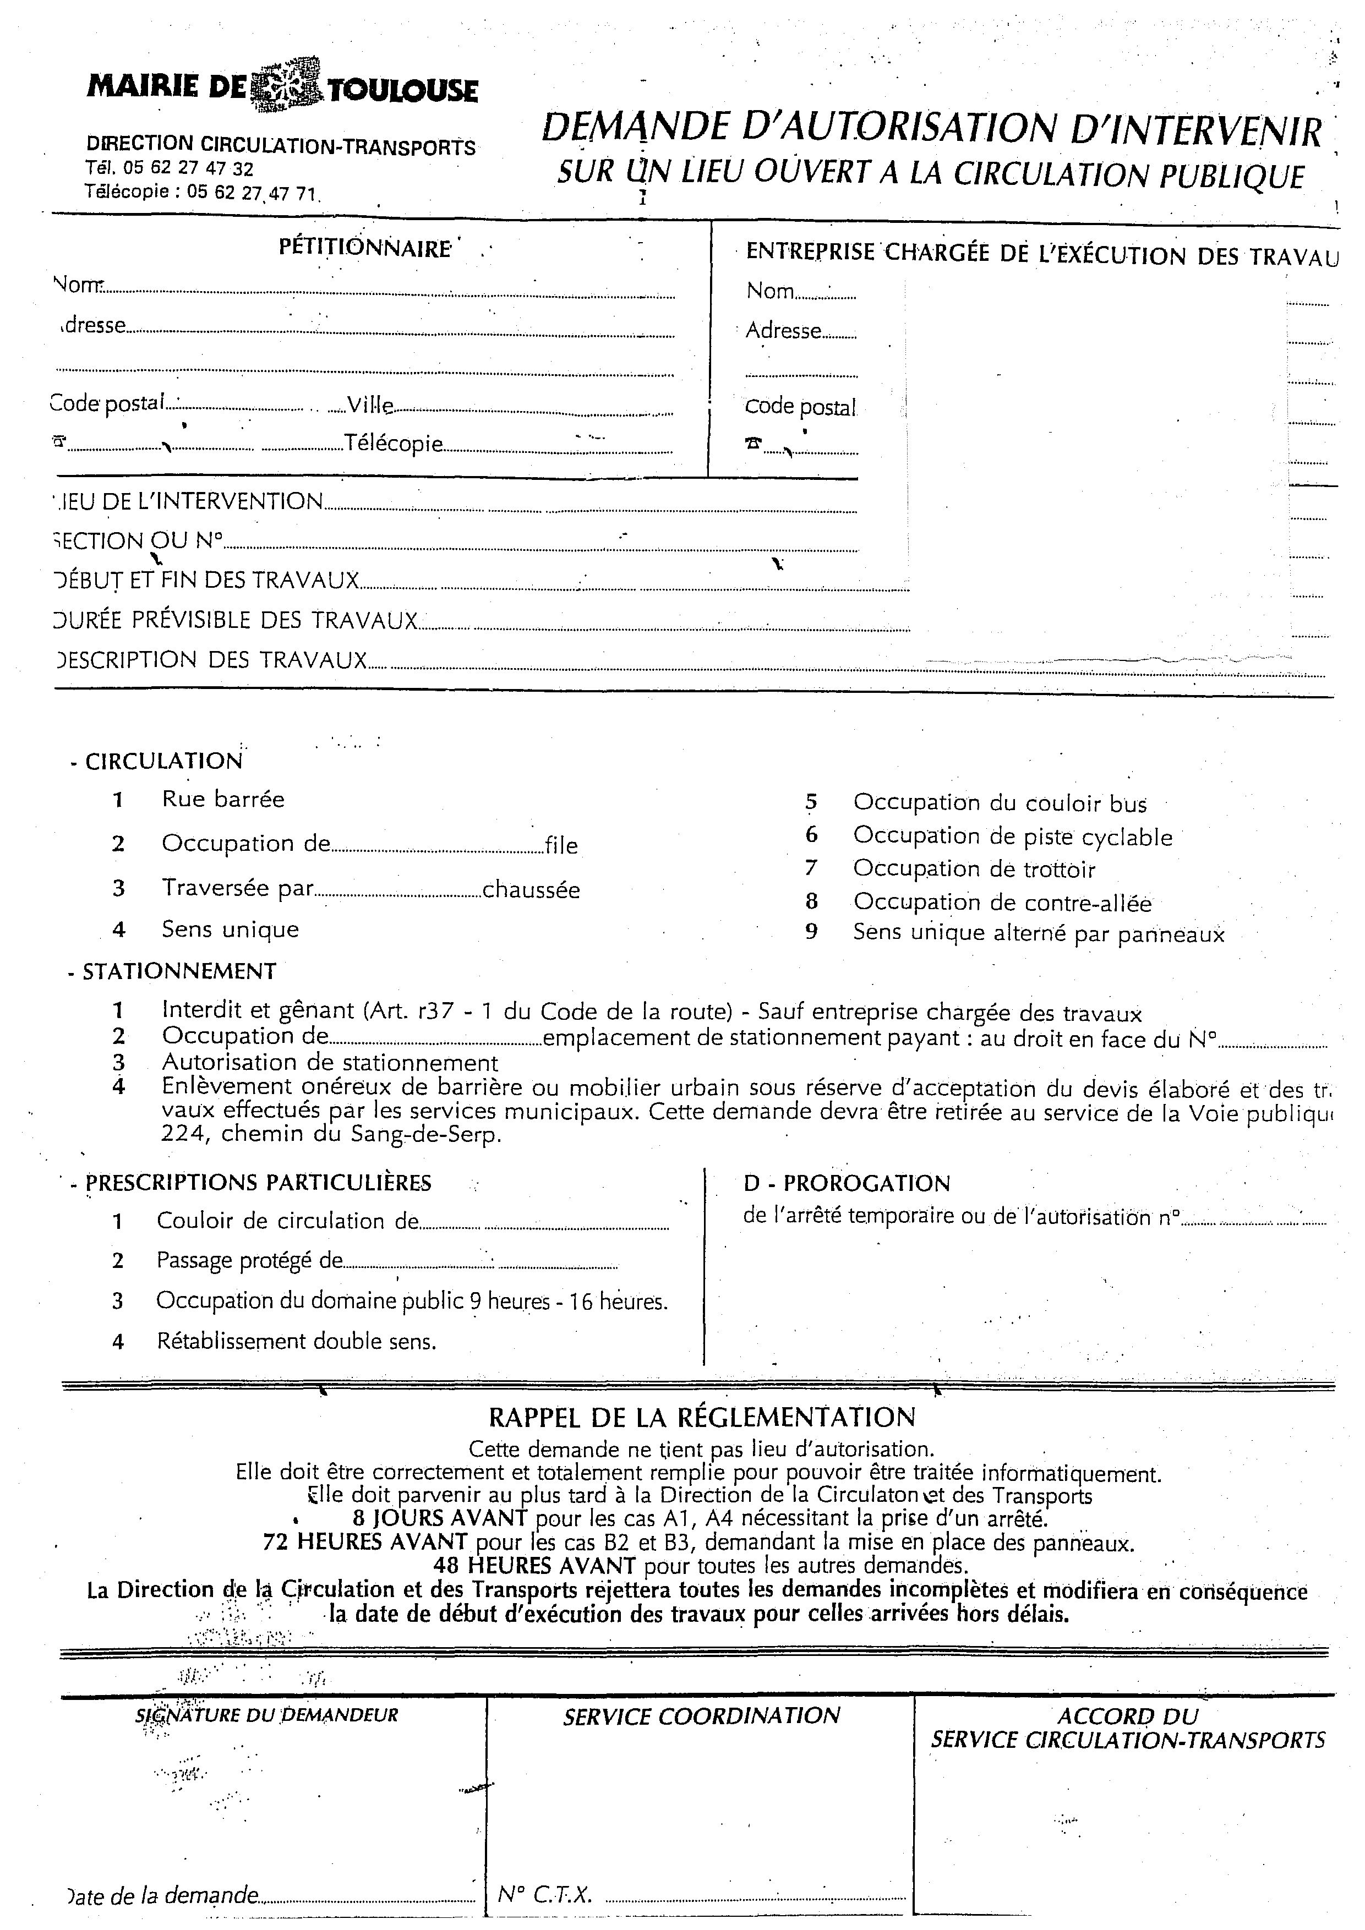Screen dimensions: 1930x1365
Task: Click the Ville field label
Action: (x=370, y=405)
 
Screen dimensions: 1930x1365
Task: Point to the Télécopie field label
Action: (x=394, y=443)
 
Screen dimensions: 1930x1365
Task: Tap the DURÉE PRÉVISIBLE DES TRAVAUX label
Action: (x=236, y=620)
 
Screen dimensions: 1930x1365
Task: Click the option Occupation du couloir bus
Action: (x=1000, y=803)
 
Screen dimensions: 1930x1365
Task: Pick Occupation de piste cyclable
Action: (x=1012, y=836)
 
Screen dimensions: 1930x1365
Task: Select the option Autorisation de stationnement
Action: (x=330, y=1063)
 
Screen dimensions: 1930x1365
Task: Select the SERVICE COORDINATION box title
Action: (x=701, y=1716)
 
